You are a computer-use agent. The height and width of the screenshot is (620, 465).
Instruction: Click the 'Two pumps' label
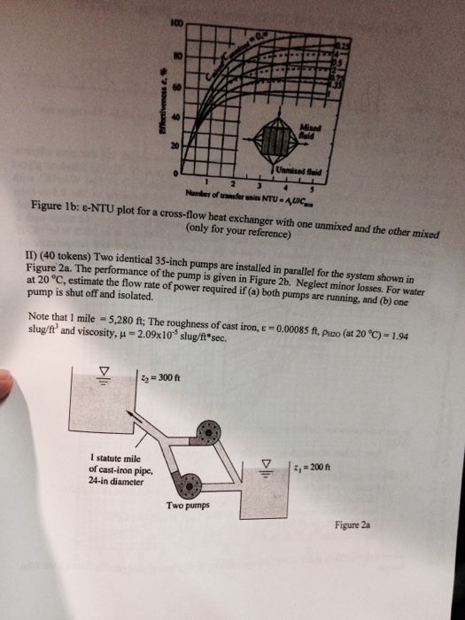pos(186,508)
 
